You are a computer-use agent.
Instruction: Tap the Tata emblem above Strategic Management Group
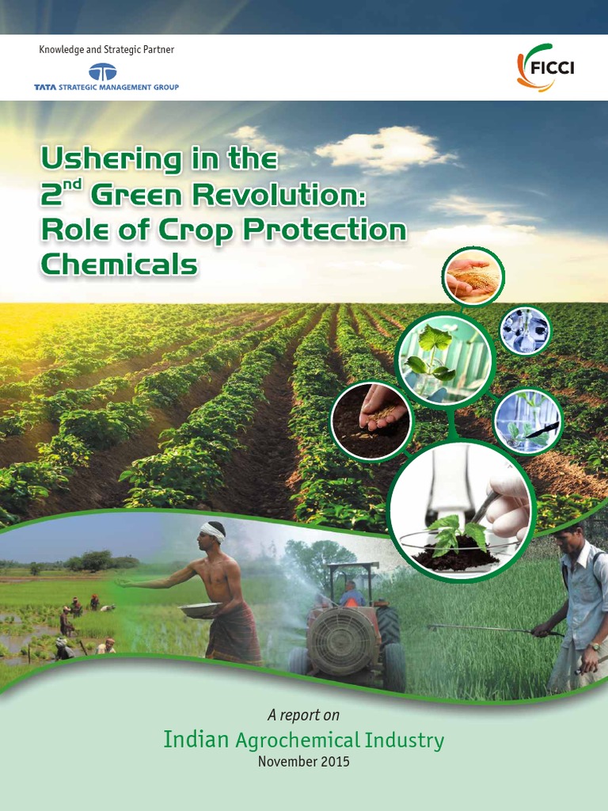tap(102, 72)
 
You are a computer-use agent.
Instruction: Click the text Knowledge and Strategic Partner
tap(106, 50)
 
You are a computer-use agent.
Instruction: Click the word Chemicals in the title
tap(119, 265)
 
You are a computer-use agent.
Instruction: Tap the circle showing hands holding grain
tap(473, 276)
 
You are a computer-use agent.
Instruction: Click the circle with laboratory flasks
tap(524, 330)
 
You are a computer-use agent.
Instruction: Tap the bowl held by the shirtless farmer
tap(201, 609)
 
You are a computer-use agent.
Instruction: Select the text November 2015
tap(303, 762)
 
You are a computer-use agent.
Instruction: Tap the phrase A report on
tap(303, 715)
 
